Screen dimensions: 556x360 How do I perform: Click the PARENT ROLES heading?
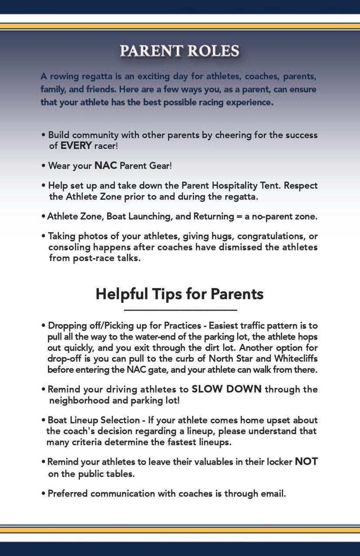pos(179,51)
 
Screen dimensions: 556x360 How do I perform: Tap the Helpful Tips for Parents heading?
pos(179,294)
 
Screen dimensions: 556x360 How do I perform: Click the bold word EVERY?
pos(76,145)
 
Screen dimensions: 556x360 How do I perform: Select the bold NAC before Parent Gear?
pos(106,166)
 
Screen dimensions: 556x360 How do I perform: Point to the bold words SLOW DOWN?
pos(226,389)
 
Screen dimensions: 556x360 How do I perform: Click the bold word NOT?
pos(306,462)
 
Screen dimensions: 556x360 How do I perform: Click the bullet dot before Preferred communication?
pos(44,494)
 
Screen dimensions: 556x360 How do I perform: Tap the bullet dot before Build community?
pos(44,135)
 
